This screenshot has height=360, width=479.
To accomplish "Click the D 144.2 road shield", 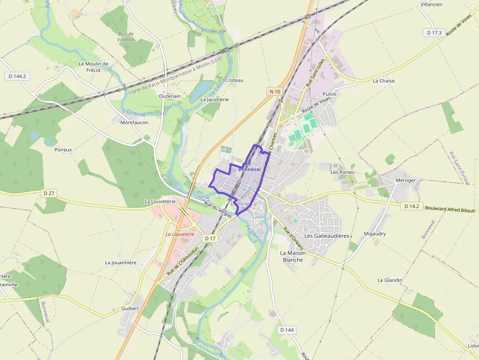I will pos(17,76).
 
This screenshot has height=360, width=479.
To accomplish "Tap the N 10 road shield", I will pos(275,91).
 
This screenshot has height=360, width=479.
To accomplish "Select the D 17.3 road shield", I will pos(434,33).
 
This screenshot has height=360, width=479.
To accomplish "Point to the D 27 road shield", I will pos(49,193).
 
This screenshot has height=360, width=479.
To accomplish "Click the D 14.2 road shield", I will pos(412,206).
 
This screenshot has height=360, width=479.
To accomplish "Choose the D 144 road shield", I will pos(287,330).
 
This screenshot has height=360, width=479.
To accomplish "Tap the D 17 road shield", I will pos(210,238).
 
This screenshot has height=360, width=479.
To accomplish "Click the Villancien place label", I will pos(432,4).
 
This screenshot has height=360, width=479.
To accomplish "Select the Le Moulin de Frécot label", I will pos(93,67).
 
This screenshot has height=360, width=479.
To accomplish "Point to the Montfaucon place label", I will pos(134,123).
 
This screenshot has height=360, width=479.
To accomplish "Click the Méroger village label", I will pos(405,180).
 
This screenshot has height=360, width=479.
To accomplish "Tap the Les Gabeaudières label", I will pos(327,235).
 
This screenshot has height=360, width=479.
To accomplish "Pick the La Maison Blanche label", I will pos(292,256).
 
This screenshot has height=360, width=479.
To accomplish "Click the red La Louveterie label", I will pos(180,234).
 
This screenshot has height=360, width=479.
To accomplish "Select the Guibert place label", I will pos(130,308).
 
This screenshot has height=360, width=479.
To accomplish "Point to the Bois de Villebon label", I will pos(126,37).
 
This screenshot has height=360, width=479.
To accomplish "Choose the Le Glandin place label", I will pos(390,280).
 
